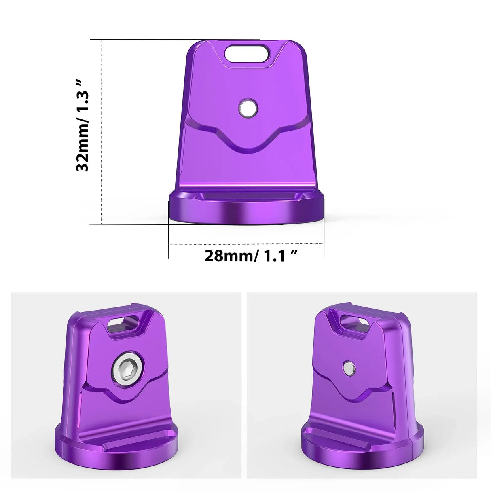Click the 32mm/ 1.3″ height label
click(x=82, y=126)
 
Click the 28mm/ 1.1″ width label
click(x=251, y=256)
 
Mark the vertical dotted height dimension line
click(x=102, y=131)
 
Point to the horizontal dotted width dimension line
click(x=246, y=244)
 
